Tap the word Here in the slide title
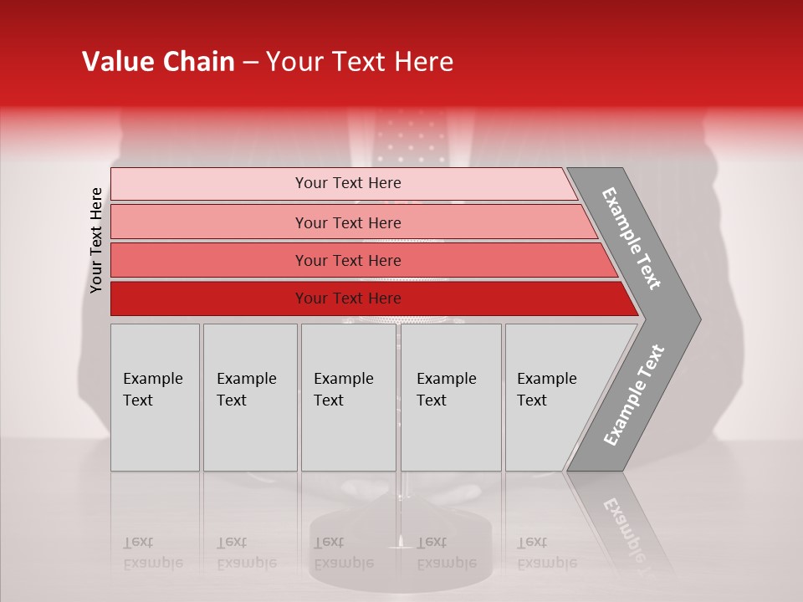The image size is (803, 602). pos(423,62)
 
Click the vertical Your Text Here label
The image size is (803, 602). pos(96,240)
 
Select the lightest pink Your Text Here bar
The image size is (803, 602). pos(347,183)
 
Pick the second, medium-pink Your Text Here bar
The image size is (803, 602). pos(347,222)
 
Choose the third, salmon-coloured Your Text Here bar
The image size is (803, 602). pos(347,260)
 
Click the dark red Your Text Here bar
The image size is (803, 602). pos(347,298)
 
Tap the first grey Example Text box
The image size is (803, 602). pos(155,397)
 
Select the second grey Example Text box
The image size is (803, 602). pos(250,397)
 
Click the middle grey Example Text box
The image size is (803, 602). pos(348,397)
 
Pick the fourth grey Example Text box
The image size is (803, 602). pos(451,397)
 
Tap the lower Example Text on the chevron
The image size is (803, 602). pos(634,395)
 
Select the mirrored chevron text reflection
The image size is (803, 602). pos(623,527)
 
